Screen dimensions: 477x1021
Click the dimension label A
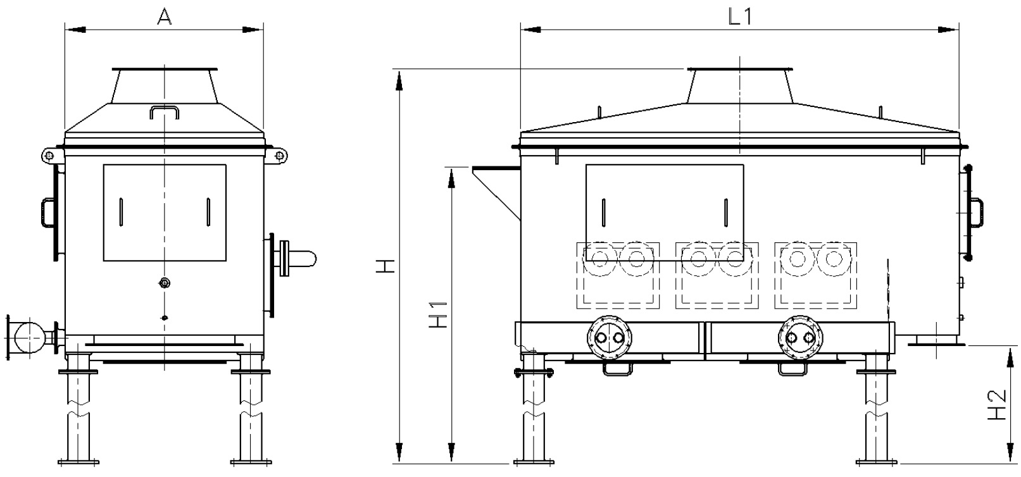[165, 17]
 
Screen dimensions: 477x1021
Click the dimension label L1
[739, 17]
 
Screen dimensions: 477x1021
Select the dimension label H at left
[386, 266]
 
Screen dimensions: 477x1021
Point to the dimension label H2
[996, 406]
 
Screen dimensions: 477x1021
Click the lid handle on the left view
[165, 112]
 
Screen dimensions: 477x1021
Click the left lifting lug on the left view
[49, 155]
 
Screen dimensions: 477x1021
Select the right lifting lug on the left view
[279, 155]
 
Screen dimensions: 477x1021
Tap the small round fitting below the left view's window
[165, 283]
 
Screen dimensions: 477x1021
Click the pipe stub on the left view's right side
[302, 258]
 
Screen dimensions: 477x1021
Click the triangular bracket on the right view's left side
[497, 190]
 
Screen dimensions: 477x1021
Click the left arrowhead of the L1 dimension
[529, 29]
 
